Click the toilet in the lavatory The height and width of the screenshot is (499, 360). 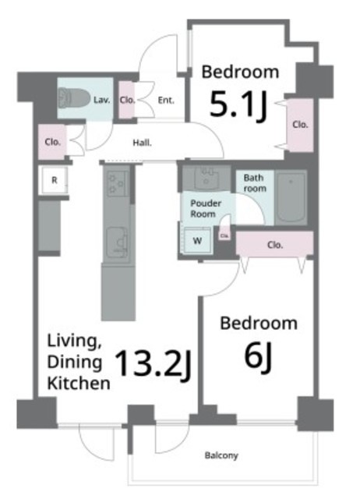(x=73, y=98)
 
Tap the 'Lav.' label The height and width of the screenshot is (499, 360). (x=102, y=101)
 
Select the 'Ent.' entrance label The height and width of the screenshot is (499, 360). (x=166, y=101)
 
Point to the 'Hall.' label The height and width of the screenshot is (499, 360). (x=142, y=143)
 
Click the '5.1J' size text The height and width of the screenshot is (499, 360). (x=238, y=104)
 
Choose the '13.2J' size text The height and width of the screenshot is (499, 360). (x=153, y=365)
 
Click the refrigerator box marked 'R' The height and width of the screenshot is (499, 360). (x=55, y=180)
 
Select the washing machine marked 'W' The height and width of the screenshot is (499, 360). (x=197, y=240)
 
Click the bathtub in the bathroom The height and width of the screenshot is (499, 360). (x=291, y=198)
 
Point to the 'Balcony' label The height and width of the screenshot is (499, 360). (x=221, y=455)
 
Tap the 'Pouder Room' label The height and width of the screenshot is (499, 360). (x=206, y=208)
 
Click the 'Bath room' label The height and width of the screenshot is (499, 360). (x=255, y=183)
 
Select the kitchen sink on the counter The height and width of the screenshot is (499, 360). (x=116, y=242)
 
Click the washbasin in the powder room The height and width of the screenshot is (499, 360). (x=206, y=179)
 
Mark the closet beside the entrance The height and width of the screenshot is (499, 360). (x=126, y=100)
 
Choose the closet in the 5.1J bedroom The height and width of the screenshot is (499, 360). (x=300, y=125)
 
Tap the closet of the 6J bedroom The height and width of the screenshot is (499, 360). (x=274, y=244)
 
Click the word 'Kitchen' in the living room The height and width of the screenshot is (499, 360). (x=79, y=384)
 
